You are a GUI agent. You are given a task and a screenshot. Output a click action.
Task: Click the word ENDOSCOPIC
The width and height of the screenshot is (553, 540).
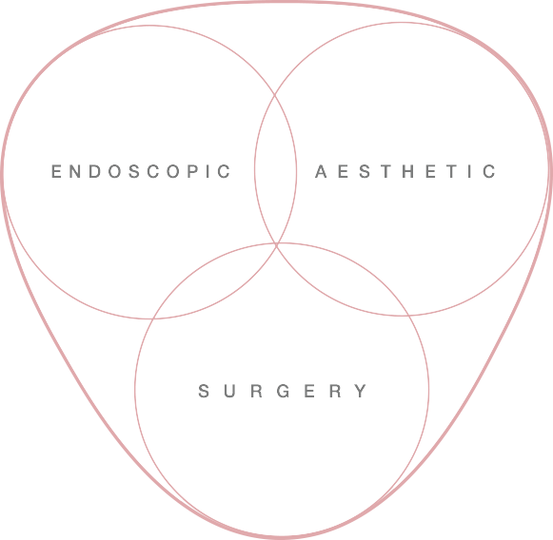tap(141, 171)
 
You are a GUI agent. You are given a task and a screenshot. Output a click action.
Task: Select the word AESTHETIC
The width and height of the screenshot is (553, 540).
tap(405, 171)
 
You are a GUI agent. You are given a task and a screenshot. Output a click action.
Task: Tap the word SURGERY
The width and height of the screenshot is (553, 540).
tap(283, 391)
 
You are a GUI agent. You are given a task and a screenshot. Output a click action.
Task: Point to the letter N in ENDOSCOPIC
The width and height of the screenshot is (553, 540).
tap(75, 171)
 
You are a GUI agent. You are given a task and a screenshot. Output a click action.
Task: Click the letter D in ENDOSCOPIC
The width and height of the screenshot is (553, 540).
tap(95, 171)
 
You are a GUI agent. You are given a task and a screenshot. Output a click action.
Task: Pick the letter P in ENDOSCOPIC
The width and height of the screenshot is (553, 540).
tap(193, 171)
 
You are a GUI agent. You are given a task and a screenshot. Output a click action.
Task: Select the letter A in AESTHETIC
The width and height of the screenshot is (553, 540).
tap(321, 171)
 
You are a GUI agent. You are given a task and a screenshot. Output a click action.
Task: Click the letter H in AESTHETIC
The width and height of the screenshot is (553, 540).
tap(408, 171)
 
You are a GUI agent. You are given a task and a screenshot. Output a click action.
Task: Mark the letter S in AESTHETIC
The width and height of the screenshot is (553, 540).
tap(365, 171)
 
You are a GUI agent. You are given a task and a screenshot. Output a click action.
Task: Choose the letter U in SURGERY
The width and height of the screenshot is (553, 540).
tap(230, 391)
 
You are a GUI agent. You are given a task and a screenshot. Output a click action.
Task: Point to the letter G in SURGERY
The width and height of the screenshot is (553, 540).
tap(284, 391)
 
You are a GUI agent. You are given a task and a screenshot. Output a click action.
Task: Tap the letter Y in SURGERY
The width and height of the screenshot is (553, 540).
tap(361, 391)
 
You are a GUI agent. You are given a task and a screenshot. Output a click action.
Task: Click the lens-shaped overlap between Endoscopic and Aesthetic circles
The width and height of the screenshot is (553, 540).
tap(275, 169)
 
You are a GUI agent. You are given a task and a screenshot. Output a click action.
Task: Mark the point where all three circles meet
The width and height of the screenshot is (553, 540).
tap(276, 243)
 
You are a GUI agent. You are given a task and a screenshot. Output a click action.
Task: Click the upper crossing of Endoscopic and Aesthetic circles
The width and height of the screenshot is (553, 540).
tap(275, 95)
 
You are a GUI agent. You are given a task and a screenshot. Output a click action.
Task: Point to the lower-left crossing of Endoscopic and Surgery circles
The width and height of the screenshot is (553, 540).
tap(153, 318)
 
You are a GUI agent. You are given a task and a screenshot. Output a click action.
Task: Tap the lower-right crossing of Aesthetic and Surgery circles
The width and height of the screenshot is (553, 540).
tap(408, 316)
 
